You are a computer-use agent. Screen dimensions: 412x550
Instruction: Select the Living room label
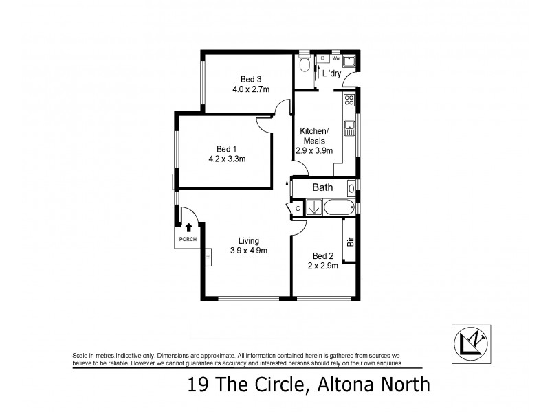248,240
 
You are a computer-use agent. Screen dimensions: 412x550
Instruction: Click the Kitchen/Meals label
314,136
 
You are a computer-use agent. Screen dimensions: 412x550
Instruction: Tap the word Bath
322,187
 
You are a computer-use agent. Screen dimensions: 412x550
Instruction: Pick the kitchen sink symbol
349,126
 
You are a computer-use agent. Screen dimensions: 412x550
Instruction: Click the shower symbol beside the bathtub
313,207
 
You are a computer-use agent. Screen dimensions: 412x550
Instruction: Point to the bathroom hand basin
352,187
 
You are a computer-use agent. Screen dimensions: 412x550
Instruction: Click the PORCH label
188,239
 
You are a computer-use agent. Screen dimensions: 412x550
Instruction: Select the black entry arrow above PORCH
188,227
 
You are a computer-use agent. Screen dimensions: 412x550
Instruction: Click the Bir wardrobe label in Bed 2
350,242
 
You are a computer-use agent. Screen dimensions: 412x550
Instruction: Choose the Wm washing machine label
336,59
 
